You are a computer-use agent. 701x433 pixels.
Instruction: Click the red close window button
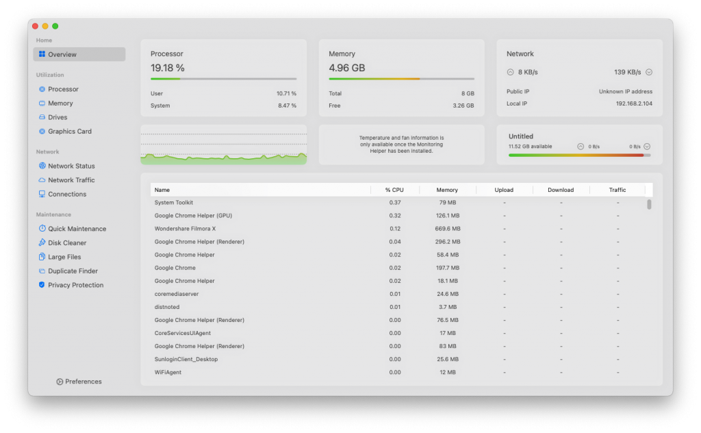pos(36,27)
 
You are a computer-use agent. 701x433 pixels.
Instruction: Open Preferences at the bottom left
pos(79,382)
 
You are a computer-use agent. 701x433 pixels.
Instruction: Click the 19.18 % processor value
pos(168,68)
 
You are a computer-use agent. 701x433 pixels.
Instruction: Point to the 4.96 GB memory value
pos(347,68)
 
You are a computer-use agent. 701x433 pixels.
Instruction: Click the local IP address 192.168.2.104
pos(634,103)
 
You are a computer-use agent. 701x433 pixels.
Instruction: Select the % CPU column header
pos(394,190)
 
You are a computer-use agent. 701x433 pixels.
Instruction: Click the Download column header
pos(561,190)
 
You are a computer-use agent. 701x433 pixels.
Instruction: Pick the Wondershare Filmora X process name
pos(185,229)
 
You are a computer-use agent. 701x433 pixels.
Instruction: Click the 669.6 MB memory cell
pos(448,229)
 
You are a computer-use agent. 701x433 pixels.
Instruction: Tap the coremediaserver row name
pos(177,294)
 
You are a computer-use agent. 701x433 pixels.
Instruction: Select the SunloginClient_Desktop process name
pos(186,359)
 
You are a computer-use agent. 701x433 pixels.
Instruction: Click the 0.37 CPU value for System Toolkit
pos(395,203)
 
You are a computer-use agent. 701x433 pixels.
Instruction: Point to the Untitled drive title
pos(521,136)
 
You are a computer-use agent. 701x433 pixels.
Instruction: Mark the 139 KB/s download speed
pos(627,72)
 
